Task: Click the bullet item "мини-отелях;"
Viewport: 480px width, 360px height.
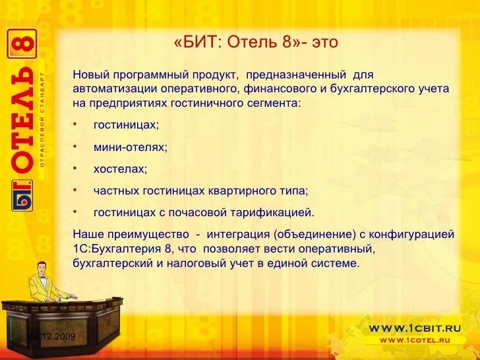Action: tap(130, 148)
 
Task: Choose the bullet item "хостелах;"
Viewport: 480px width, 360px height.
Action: tap(120, 169)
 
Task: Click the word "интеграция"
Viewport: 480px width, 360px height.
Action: tap(237, 234)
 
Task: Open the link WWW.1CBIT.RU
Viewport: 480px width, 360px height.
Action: tap(414, 328)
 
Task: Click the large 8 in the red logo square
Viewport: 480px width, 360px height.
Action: tap(22, 45)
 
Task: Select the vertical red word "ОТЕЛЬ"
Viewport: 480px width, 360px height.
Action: tap(22, 119)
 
